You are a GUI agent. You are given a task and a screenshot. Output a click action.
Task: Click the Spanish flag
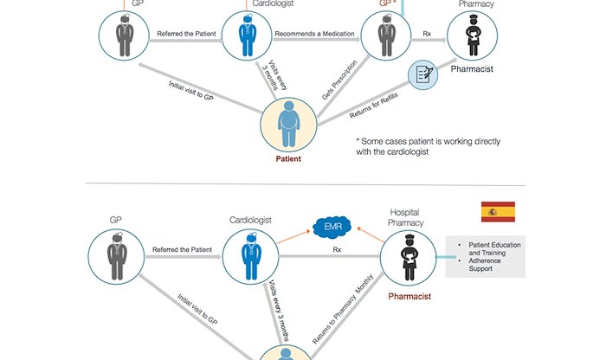coord(498,212)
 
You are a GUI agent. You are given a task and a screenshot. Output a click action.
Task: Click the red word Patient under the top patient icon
coord(289,159)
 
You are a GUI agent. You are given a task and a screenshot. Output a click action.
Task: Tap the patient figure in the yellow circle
coord(289,124)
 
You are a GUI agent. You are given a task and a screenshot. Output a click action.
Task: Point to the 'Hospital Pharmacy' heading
coord(403,217)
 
